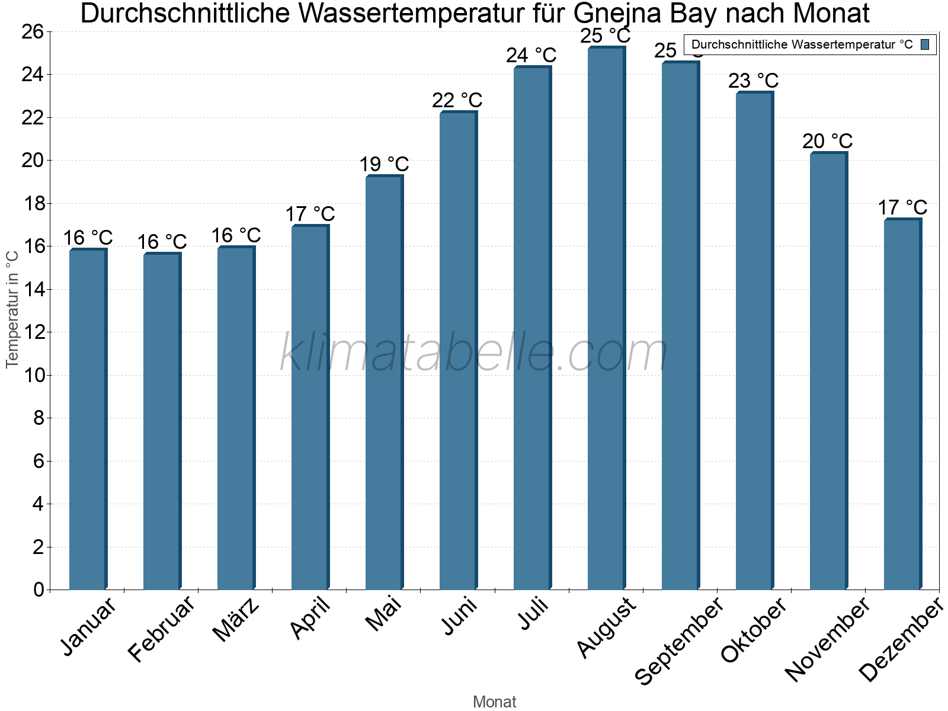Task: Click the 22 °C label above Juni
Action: click(x=457, y=101)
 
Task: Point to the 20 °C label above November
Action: click(x=827, y=142)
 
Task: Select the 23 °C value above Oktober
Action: click(x=753, y=81)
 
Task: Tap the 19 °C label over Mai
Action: click(x=384, y=165)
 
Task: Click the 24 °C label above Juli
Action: click(x=531, y=56)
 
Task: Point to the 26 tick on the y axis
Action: click(x=33, y=31)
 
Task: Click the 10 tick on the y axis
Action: click(x=33, y=375)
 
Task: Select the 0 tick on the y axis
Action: click(x=39, y=590)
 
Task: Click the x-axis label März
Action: click(x=236, y=620)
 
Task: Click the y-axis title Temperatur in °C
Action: click(x=12, y=309)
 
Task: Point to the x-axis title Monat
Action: click(x=495, y=702)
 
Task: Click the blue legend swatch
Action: click(x=925, y=44)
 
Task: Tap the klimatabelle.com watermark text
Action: click(x=474, y=354)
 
